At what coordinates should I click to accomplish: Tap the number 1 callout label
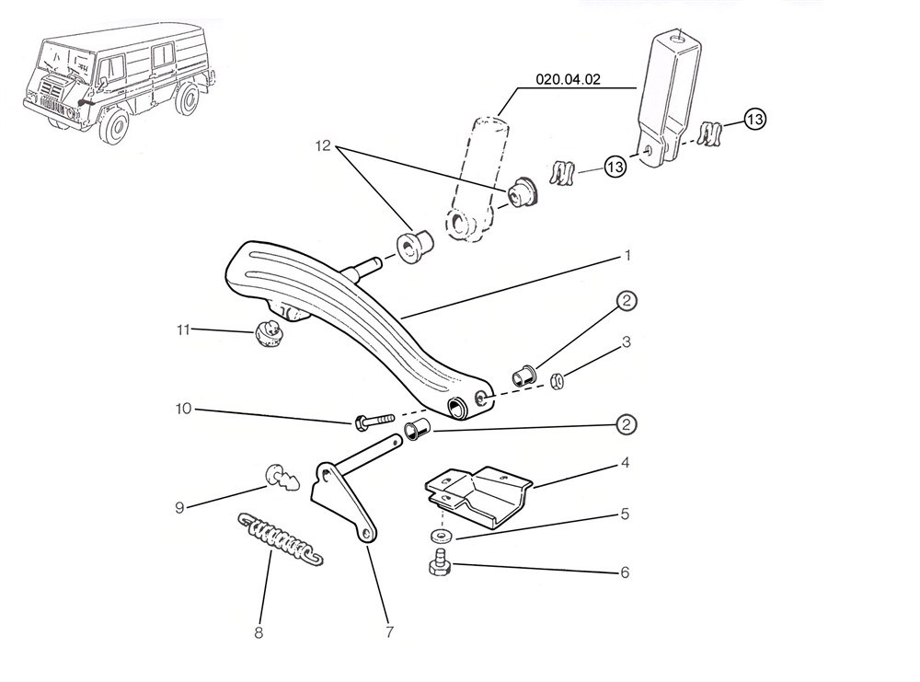click(627, 253)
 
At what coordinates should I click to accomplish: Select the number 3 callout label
click(626, 342)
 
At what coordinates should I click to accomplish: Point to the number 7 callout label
click(389, 632)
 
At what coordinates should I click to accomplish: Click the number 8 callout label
click(259, 632)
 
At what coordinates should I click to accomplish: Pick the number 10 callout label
click(184, 409)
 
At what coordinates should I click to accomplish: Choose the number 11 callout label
click(183, 329)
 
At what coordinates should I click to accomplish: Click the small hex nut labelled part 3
click(558, 380)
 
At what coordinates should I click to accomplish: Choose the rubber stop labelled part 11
click(266, 332)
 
